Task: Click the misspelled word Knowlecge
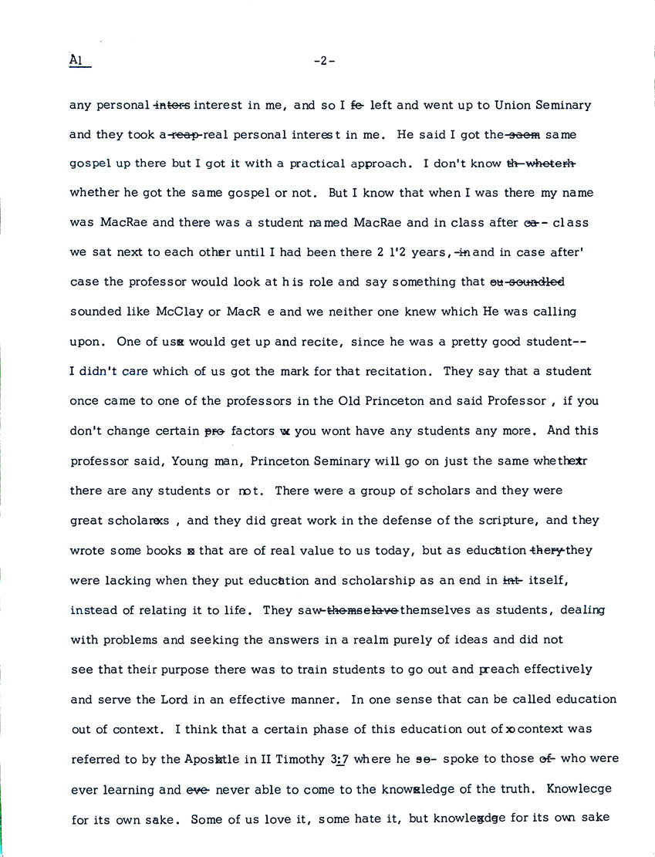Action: tap(579, 788)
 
